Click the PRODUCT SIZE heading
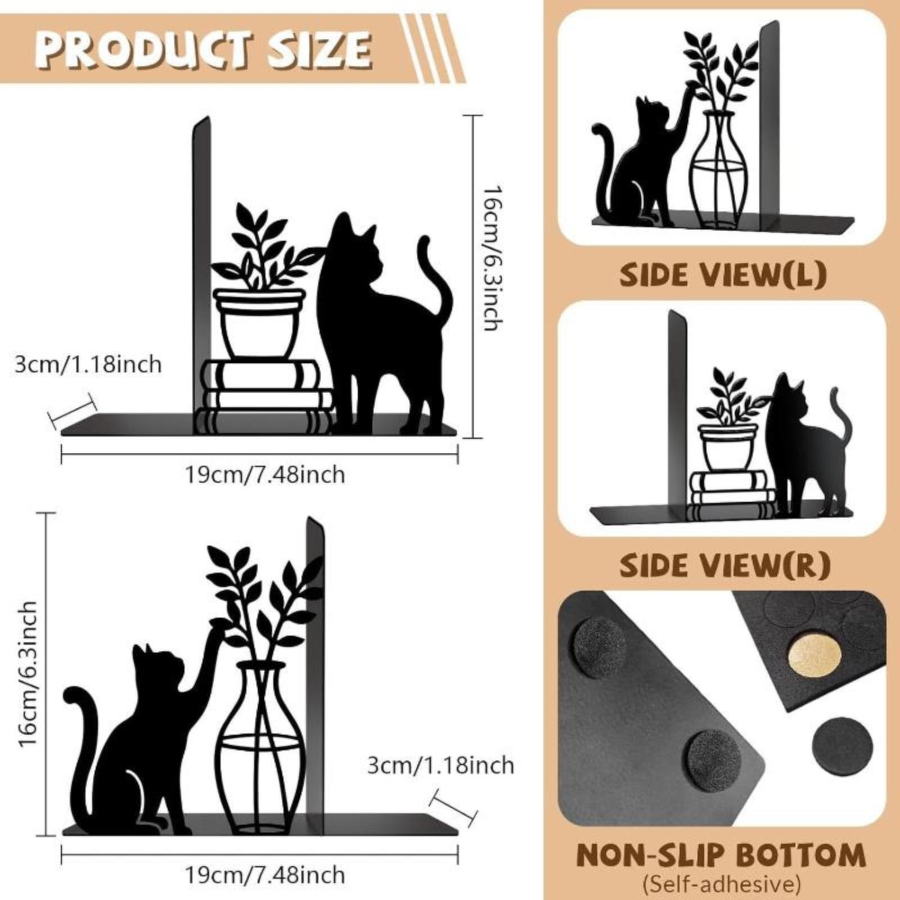click(x=204, y=48)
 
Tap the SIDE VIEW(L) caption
click(x=723, y=275)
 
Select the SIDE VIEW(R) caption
click(x=724, y=566)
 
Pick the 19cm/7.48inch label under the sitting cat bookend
click(x=265, y=875)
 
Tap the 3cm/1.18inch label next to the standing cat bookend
click(x=88, y=364)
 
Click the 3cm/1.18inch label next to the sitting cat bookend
click(x=441, y=766)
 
